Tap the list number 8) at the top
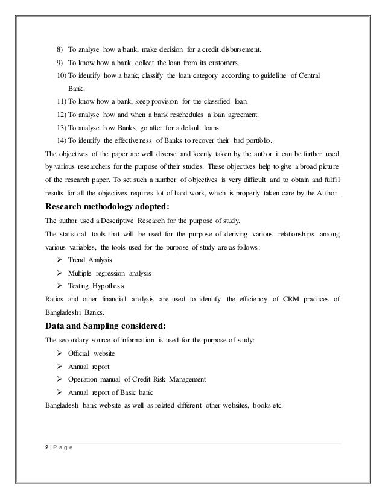[59, 49]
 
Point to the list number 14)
[62, 139]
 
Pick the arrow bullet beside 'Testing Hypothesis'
[59, 286]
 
